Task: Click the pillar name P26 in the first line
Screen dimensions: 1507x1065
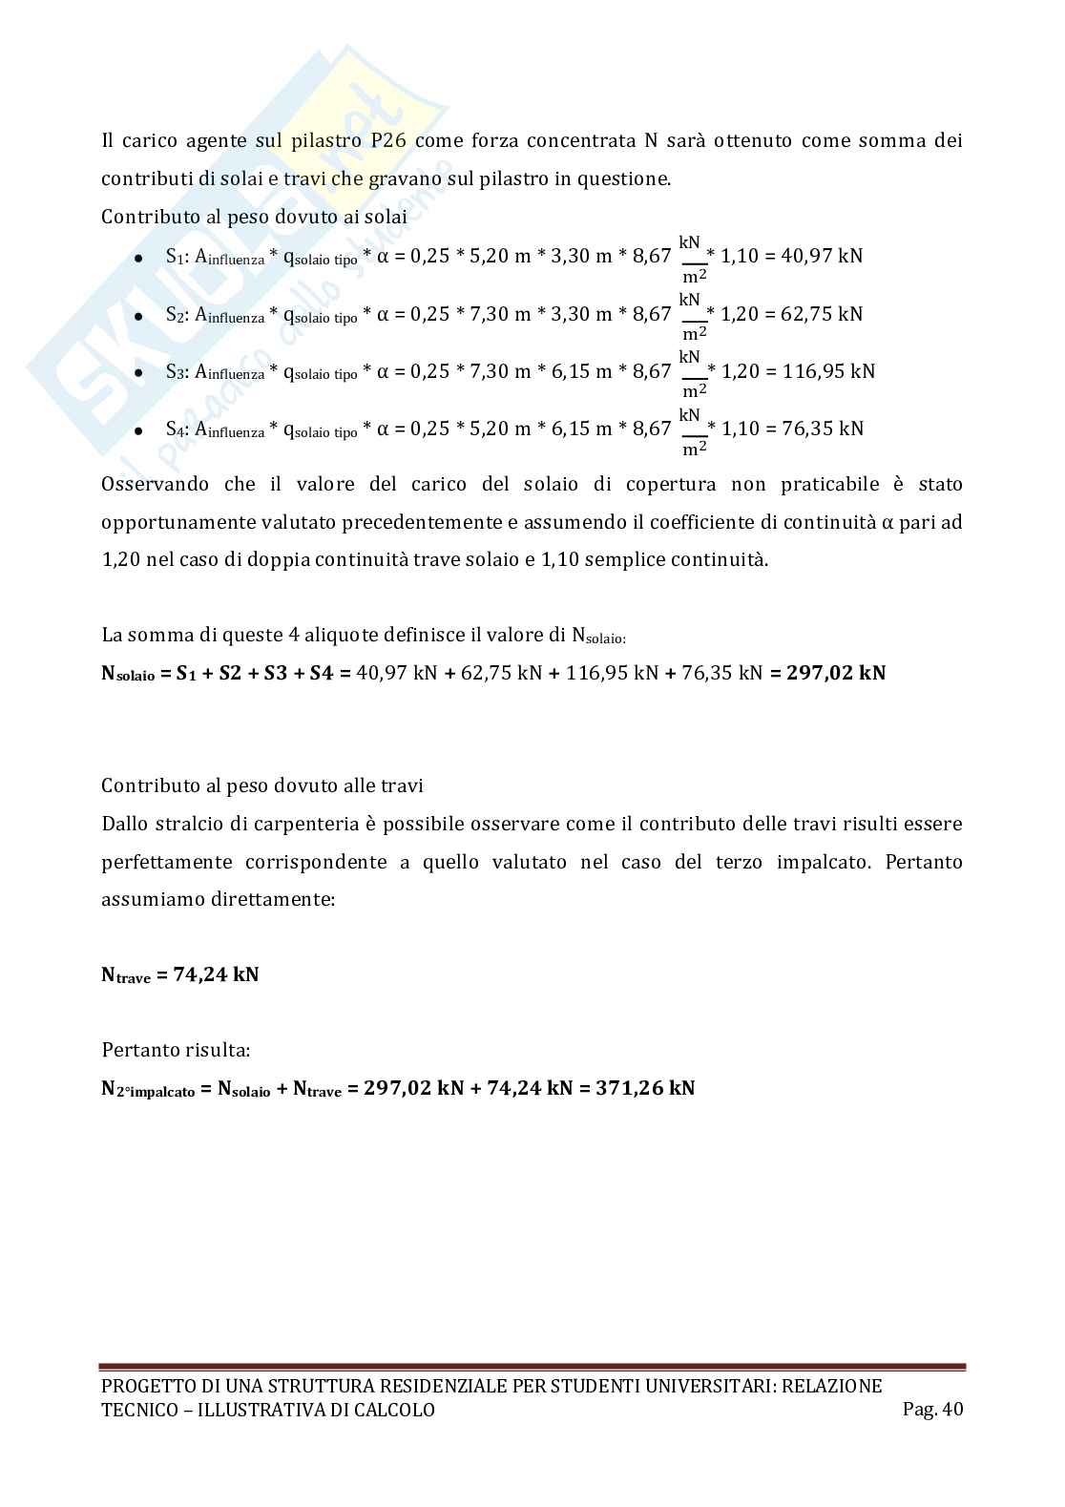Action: coord(389,141)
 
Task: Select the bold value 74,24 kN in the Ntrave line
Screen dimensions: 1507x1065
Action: coord(216,975)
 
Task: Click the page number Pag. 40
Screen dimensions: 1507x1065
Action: coord(932,1410)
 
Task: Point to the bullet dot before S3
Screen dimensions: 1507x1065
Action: coord(138,373)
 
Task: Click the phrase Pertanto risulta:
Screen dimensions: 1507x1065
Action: coord(176,1051)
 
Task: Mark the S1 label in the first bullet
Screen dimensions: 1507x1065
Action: coord(173,257)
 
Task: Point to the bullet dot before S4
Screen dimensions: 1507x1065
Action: coord(138,430)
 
